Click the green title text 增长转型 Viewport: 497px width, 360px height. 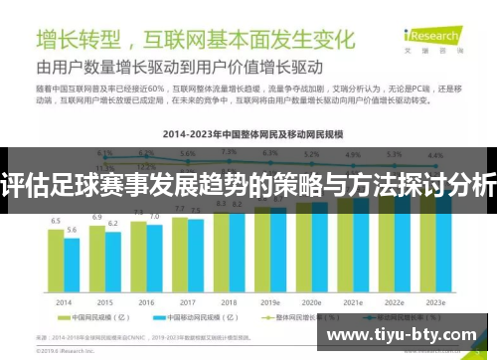(79, 41)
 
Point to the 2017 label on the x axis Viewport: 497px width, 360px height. (187, 301)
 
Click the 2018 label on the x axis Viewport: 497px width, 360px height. (229, 301)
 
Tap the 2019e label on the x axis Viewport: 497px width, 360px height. (269, 301)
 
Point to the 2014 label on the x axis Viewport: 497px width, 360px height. (64, 301)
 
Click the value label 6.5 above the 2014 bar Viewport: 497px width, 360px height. (56, 220)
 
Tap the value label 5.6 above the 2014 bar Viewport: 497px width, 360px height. (72, 230)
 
